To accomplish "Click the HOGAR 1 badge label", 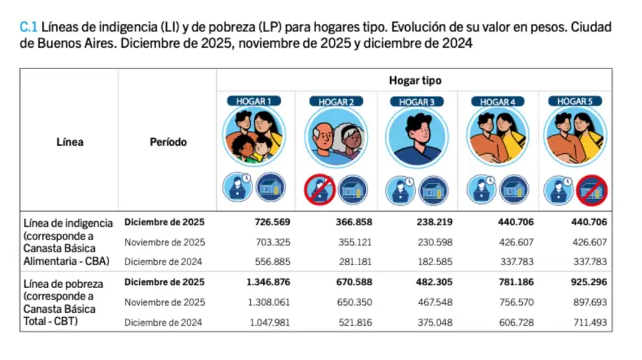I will [x=255, y=101].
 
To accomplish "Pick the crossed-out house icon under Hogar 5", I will [x=591, y=190].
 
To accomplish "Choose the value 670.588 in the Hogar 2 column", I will [x=354, y=282].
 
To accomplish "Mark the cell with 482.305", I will [x=435, y=282].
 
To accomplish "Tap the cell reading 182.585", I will [x=435, y=262].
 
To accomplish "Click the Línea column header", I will [x=69, y=142].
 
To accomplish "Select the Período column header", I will [x=168, y=142].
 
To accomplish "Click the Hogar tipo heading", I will [x=414, y=81].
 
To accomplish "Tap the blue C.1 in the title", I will [x=28, y=27].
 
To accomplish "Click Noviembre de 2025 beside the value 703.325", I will [x=165, y=242].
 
